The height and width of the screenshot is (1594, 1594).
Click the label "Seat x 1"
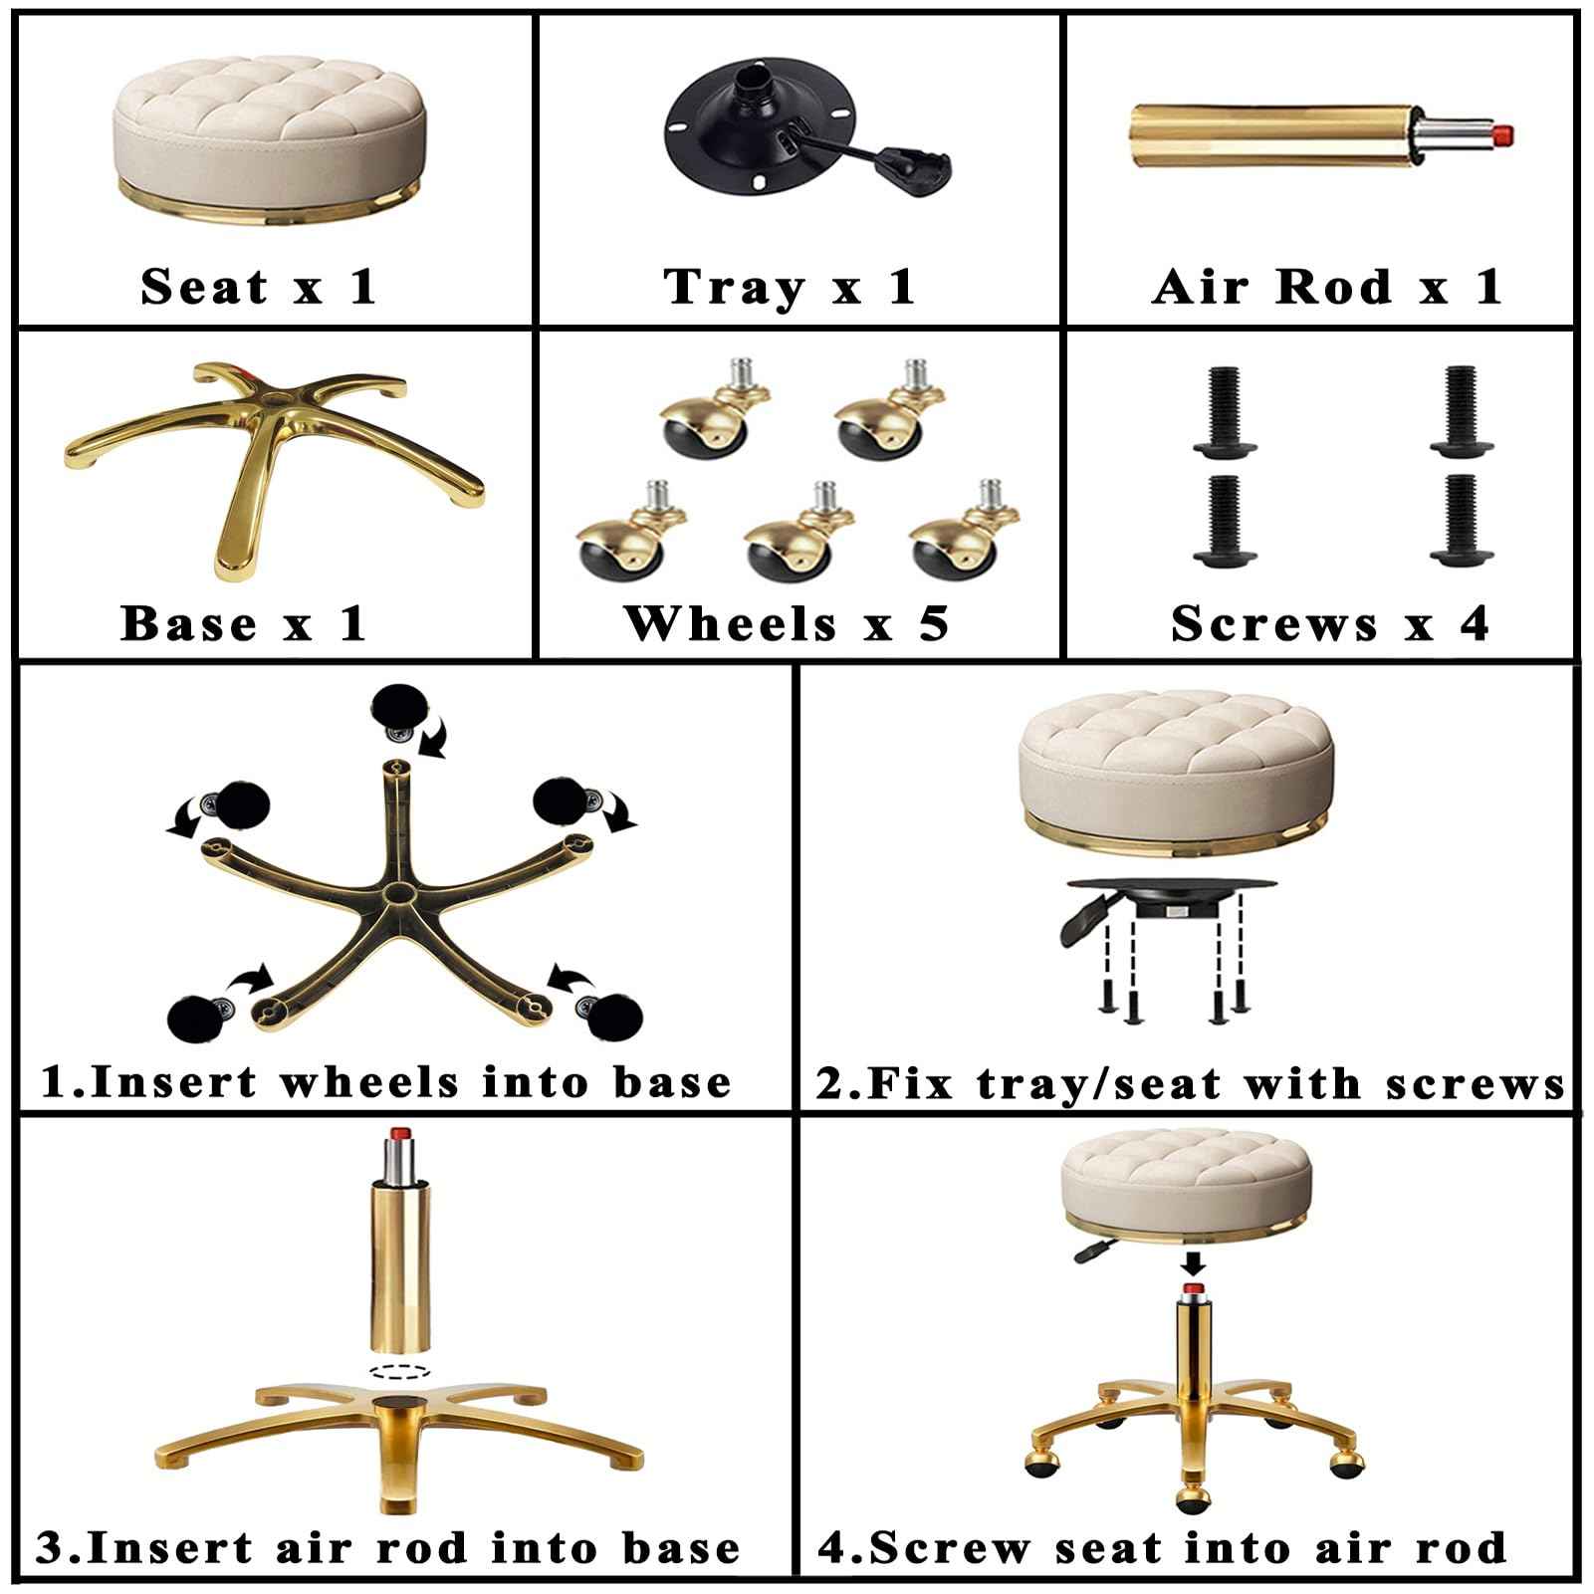(259, 287)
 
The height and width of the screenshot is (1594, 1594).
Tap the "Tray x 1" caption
(789, 287)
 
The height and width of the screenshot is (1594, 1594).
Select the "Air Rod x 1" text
(1326, 287)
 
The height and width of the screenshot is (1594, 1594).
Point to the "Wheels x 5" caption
(787, 624)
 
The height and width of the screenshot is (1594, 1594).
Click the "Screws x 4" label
(1329, 624)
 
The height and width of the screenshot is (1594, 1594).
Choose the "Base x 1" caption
(244, 624)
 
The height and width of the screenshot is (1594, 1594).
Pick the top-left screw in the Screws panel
(1221, 412)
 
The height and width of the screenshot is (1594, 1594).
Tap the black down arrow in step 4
(1194, 1263)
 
